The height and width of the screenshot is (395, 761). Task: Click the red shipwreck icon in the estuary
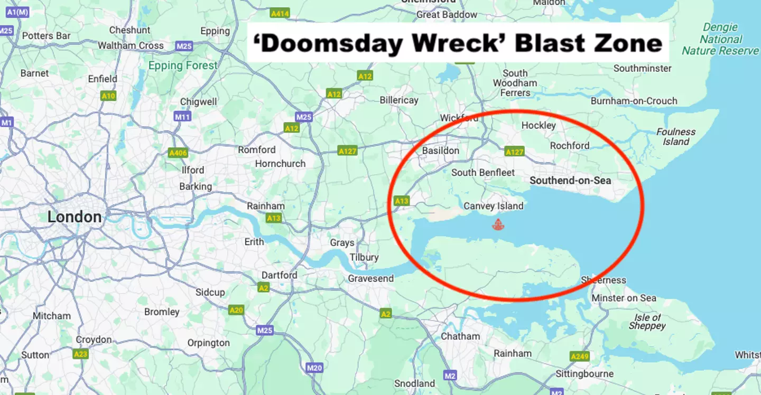(x=497, y=225)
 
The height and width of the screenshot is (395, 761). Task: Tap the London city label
(x=75, y=217)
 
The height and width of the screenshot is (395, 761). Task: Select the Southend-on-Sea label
(x=570, y=181)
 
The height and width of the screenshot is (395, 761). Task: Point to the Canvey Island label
(x=494, y=206)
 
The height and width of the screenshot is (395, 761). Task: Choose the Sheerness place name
(x=604, y=280)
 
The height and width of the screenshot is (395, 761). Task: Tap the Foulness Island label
(x=676, y=137)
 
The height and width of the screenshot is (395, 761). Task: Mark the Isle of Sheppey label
(x=647, y=322)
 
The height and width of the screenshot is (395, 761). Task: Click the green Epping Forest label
(x=183, y=66)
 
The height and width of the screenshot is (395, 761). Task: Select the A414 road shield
(x=280, y=13)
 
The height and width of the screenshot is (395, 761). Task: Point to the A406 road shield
(x=178, y=153)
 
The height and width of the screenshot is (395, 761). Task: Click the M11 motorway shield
(x=182, y=117)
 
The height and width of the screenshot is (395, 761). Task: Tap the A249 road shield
(x=580, y=356)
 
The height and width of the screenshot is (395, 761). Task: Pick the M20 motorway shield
(x=314, y=368)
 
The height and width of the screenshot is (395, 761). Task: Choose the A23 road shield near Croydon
(x=80, y=354)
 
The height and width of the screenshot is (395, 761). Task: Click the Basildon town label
(x=441, y=151)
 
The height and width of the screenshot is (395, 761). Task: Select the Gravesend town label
(x=370, y=278)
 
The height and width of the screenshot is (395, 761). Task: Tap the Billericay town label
(x=399, y=100)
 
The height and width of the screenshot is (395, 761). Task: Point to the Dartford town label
(x=280, y=275)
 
